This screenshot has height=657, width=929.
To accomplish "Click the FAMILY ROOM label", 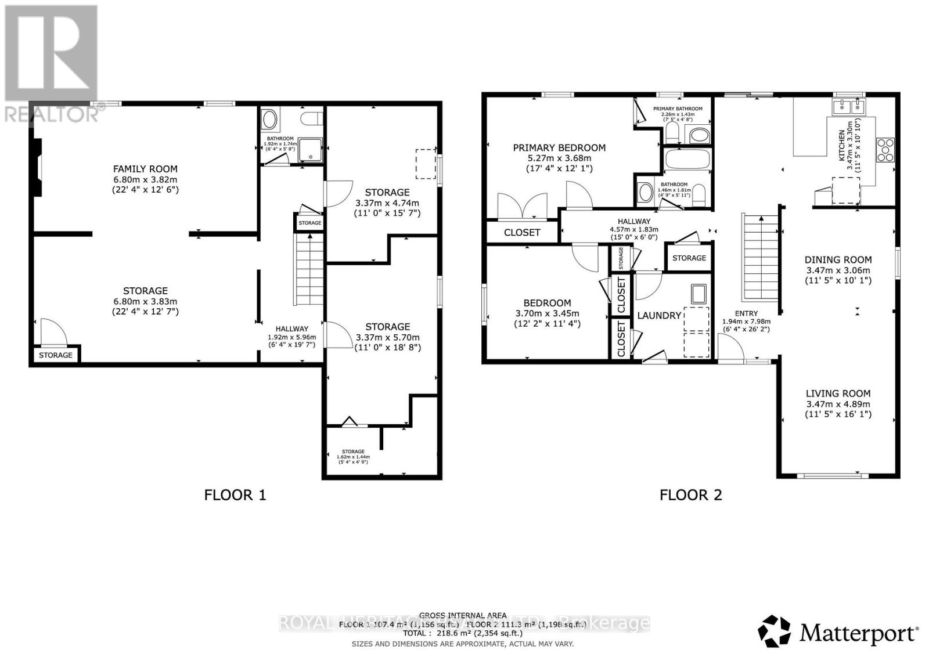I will (x=145, y=169).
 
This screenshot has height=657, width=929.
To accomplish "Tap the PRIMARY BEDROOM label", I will (x=559, y=148).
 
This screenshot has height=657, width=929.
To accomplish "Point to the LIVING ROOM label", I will (x=838, y=394).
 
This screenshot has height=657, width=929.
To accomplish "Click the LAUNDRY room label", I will (x=659, y=315).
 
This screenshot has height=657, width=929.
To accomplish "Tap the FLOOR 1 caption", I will (x=235, y=495).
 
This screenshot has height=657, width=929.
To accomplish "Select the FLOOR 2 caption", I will (x=690, y=495).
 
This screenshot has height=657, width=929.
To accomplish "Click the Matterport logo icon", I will (x=774, y=631).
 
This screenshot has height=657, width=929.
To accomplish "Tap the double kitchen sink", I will (x=848, y=106).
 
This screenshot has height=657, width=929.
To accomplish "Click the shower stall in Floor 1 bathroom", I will (x=311, y=152).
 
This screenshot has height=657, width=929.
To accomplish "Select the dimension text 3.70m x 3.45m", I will (x=547, y=313).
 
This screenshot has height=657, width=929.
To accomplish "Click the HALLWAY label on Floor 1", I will (x=291, y=328).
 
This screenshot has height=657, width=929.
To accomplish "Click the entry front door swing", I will (x=732, y=350).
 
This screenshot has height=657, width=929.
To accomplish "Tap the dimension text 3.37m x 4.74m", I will (x=387, y=203).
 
